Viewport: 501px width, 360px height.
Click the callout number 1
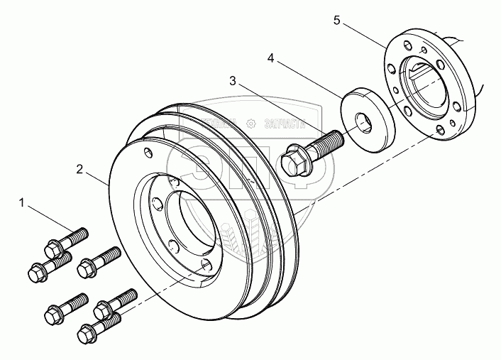22,204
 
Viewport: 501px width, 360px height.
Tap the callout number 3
233,82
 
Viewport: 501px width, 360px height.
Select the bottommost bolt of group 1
90,332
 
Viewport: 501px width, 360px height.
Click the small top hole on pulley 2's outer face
148,153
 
